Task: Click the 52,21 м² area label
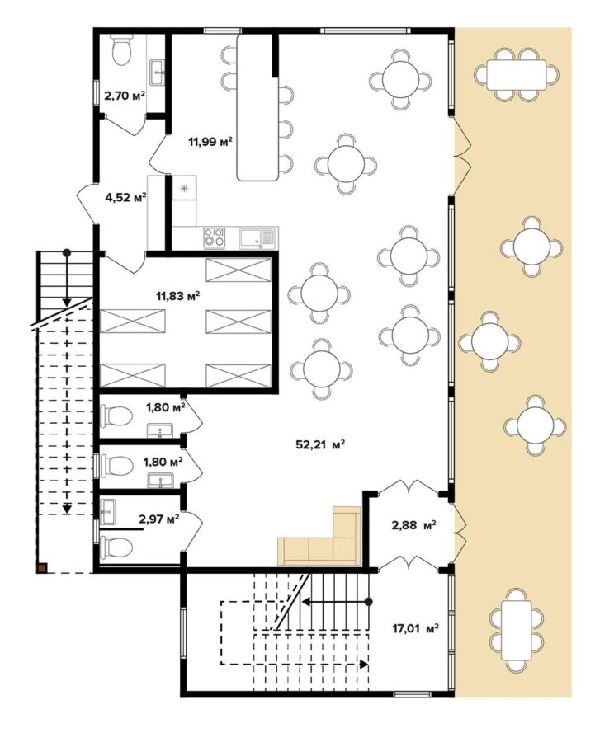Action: tap(320, 445)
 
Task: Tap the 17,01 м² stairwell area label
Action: tap(415, 628)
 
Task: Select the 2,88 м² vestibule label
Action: tap(413, 525)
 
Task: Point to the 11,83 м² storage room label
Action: tap(177, 296)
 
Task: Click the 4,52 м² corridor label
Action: tap(125, 197)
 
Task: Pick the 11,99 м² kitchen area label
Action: tap(210, 142)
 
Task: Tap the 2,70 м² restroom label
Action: tap(125, 96)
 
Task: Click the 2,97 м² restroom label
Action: tap(159, 519)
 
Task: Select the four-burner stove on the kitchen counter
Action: tap(214, 237)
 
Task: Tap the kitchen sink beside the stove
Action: tap(257, 237)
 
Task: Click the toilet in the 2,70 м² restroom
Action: tap(121, 49)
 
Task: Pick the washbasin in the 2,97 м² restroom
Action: tap(108, 511)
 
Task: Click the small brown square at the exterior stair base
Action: tap(43, 567)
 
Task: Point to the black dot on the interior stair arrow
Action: tap(369, 602)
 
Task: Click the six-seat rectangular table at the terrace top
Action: tap(517, 75)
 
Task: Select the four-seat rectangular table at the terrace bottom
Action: tap(517, 630)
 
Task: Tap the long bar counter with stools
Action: tap(257, 107)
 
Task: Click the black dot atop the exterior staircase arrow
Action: tap(68, 252)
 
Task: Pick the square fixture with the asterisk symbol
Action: tap(184, 188)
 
